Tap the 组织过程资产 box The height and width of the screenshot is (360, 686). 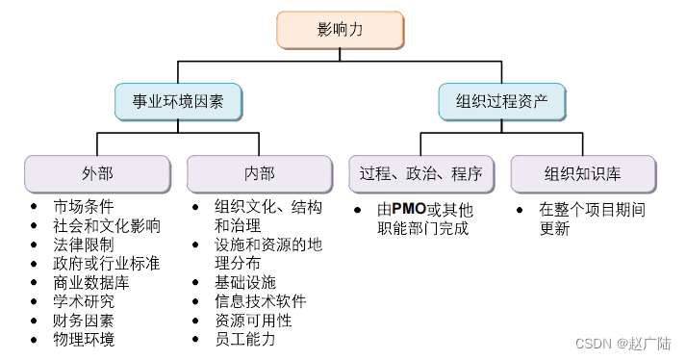point(501,100)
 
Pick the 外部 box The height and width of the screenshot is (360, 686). point(97,173)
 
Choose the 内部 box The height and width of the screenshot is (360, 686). point(259,173)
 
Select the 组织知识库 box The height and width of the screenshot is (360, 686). point(582,173)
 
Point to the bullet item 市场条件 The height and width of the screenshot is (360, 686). point(84,207)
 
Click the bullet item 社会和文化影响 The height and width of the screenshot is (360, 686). point(107,226)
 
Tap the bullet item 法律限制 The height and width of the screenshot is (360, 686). point(84,244)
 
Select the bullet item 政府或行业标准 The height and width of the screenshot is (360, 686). point(107,264)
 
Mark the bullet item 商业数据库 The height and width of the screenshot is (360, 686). point(91,283)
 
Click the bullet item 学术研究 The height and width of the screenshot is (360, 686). point(84,301)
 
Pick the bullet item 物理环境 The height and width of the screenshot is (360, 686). point(84,339)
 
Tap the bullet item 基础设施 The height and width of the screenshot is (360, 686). point(245,282)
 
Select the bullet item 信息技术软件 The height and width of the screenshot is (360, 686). point(261,301)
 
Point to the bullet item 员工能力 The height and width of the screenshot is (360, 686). point(245,339)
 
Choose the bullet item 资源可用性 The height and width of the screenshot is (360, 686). point(253,321)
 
